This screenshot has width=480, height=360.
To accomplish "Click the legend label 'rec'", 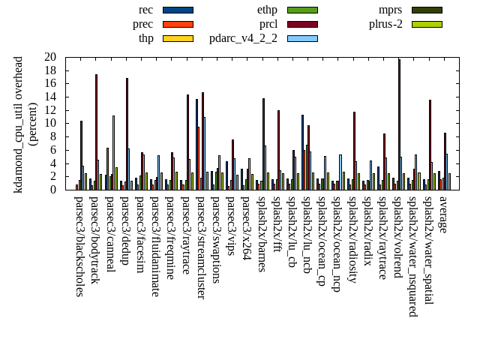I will tap(146, 10).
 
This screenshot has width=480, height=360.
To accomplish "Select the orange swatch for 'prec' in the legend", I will tap(178, 24).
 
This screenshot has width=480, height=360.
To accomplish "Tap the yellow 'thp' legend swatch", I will tap(178, 38).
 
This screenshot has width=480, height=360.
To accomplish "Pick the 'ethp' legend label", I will tap(267, 10).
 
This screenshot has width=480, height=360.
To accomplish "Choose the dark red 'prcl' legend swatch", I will tap(302, 24).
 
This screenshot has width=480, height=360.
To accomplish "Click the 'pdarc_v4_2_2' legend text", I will tap(243, 38).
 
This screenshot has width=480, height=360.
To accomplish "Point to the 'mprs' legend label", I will tap(390, 10).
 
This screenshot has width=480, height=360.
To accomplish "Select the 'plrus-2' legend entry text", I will tap(385, 24).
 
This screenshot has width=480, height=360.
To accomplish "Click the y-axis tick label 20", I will tap(50, 57).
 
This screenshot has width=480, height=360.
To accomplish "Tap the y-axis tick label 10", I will tap(50, 124).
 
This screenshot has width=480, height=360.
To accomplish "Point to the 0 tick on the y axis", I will tap(53, 190).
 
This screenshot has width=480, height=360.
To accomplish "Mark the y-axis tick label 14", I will tap(50, 97).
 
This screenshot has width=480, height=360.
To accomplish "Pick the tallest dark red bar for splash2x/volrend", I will tap(399, 124).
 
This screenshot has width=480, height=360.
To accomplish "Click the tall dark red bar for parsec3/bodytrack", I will tap(96, 132).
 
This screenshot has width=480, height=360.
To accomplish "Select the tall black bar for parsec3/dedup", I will tap(127, 133).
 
